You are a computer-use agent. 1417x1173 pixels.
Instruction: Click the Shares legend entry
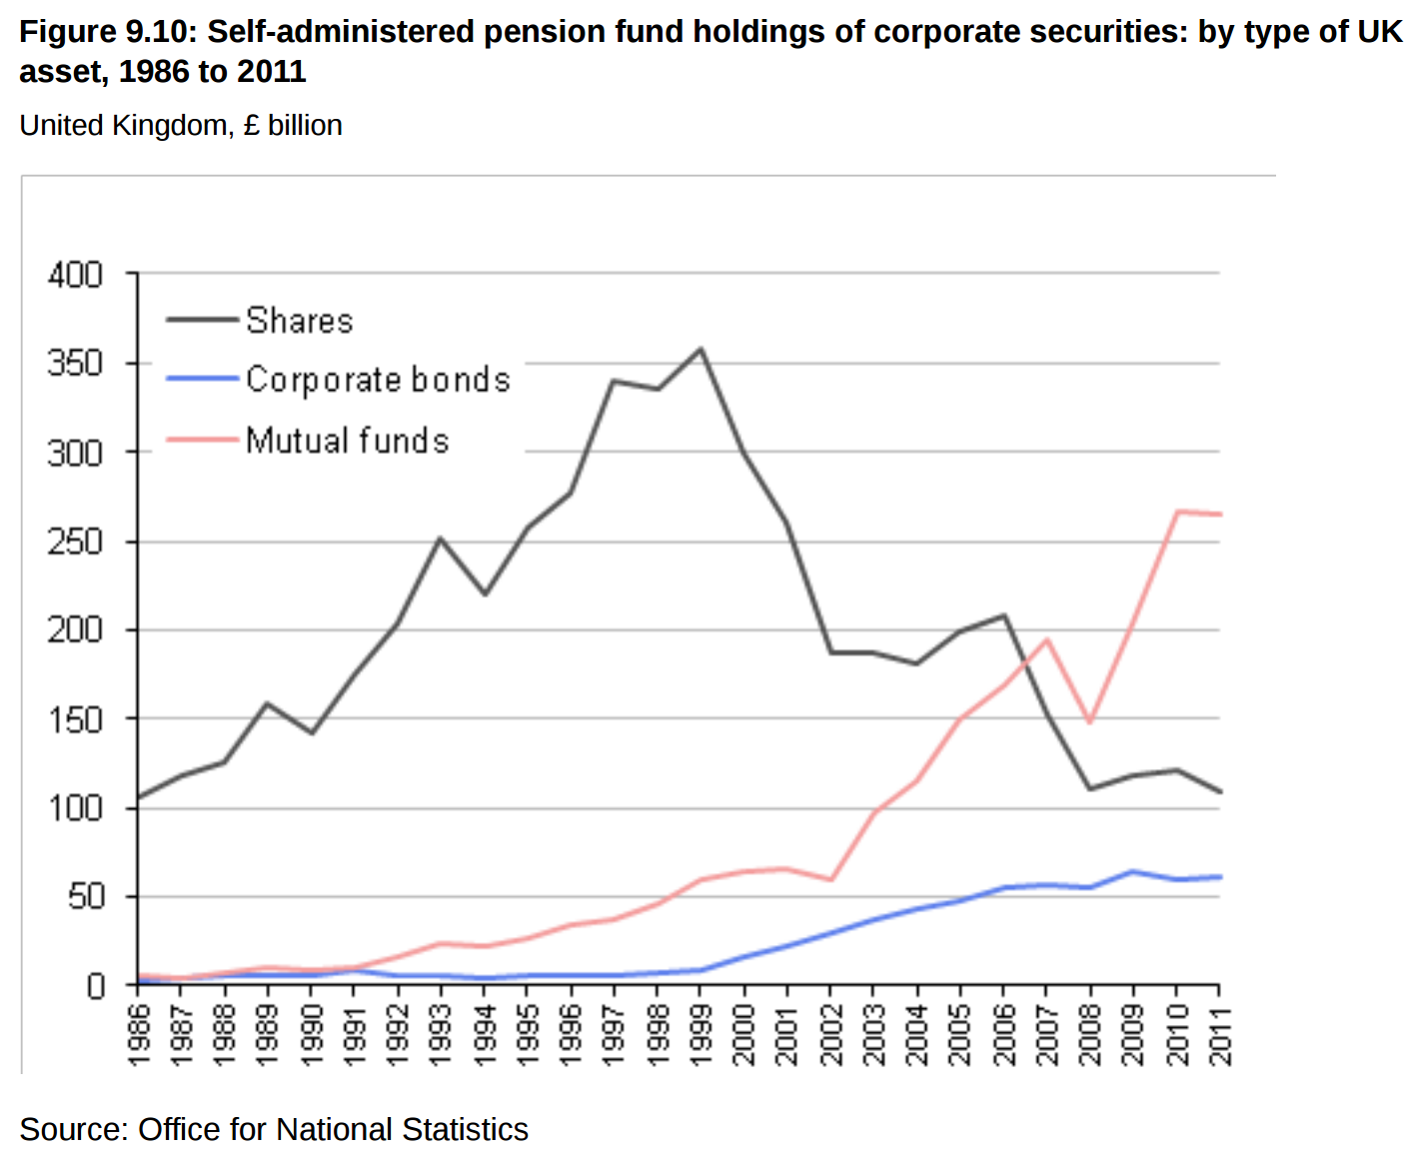click(299, 321)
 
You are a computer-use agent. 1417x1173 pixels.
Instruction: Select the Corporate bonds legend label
click(378, 380)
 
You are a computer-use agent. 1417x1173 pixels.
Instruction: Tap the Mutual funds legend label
click(347, 441)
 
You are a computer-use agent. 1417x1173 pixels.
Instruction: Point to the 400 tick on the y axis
click(75, 274)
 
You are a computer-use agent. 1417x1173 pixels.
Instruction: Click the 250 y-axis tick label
click(75, 542)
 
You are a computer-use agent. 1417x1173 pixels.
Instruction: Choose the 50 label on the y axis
click(86, 897)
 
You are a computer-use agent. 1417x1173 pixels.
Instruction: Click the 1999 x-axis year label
click(700, 1035)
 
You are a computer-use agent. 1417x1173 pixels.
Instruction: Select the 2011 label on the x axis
click(1219, 1035)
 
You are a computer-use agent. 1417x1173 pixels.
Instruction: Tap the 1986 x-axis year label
click(138, 1035)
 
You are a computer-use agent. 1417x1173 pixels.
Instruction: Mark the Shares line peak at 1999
click(701, 349)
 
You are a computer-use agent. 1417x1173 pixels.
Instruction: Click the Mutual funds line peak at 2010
click(1177, 512)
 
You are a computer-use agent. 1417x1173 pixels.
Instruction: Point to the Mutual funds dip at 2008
click(1090, 721)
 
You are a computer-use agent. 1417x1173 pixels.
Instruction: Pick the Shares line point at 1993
click(440, 539)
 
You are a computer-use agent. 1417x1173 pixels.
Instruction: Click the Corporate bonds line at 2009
click(1133, 871)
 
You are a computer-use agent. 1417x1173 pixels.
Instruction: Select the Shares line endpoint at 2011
click(1219, 791)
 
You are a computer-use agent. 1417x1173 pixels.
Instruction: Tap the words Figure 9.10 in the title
click(105, 32)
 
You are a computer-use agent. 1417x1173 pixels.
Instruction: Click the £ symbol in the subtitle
click(251, 126)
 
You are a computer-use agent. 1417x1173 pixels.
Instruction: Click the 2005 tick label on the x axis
click(959, 1035)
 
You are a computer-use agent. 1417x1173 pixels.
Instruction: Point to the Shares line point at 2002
click(830, 652)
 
